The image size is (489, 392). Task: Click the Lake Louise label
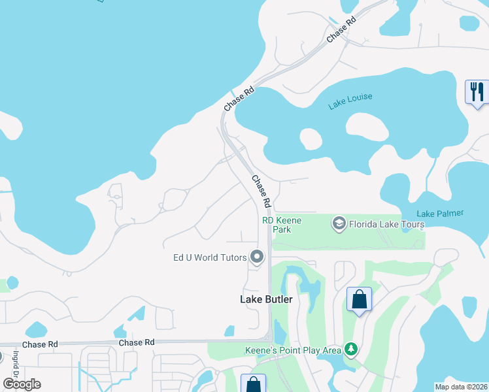click(350, 101)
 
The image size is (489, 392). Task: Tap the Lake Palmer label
click(440, 213)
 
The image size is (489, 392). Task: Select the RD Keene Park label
click(282, 225)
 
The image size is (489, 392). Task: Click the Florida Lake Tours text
click(386, 224)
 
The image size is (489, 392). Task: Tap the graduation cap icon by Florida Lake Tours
click(339, 224)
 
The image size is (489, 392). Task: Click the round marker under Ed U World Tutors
click(257, 257)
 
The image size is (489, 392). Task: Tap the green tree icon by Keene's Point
click(352, 350)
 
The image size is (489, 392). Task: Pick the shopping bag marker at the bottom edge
click(253, 385)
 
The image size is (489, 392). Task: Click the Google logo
click(22, 384)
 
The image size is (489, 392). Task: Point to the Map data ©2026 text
click(461, 387)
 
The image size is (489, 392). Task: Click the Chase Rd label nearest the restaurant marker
click(341, 29)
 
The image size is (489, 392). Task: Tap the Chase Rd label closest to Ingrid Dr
click(39, 344)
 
